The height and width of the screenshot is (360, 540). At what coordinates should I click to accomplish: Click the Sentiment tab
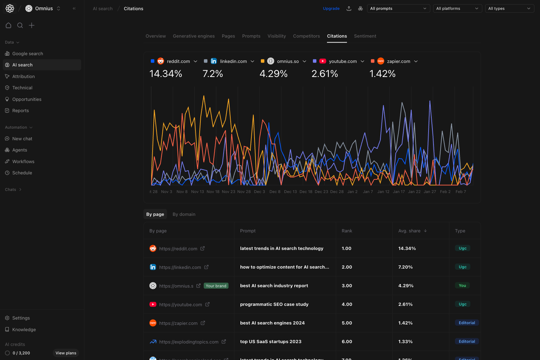[x=365, y=36]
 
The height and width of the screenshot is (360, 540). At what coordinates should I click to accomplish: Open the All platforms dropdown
[x=457, y=8]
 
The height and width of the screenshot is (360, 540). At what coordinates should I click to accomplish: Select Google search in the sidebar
[x=27, y=54]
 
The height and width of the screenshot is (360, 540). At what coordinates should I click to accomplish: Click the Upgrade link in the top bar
[x=331, y=8]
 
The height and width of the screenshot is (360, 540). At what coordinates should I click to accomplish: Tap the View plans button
[x=66, y=353]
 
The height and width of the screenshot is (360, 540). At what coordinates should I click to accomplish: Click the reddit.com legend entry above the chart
[x=178, y=62]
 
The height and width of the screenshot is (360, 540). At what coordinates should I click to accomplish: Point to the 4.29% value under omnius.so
[x=274, y=74]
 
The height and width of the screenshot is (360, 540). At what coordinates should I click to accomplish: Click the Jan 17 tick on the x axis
[x=399, y=192]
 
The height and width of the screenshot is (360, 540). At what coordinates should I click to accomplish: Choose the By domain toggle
[x=184, y=214]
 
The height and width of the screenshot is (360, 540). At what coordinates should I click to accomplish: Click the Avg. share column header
[x=409, y=231]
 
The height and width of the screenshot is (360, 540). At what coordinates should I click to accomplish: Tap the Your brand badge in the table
[x=216, y=286]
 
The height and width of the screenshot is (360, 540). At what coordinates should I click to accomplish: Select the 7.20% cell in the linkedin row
[x=405, y=267]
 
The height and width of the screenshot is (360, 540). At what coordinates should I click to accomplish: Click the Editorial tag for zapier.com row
[x=467, y=323]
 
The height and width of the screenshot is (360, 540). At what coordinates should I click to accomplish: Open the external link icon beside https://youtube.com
[x=207, y=304]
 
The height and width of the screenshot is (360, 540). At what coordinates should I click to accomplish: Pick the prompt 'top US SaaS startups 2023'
[x=271, y=342]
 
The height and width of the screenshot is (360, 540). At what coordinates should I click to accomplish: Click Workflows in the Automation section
[x=23, y=162]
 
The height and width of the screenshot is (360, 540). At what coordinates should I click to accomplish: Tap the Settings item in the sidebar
[x=21, y=318]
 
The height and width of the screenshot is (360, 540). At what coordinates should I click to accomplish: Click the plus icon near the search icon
[x=32, y=25]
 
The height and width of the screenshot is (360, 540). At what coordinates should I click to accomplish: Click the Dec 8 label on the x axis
[x=275, y=192]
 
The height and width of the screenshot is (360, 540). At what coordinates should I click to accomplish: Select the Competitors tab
[x=306, y=36]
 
